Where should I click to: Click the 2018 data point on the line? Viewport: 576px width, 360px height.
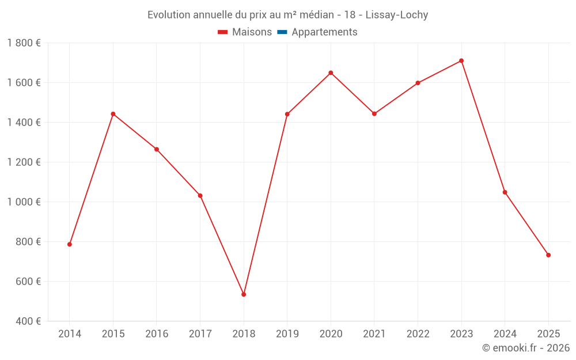[x=244, y=294]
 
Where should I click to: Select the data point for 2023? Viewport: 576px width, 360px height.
[x=461, y=60]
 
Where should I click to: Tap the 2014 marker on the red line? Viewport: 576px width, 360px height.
[x=70, y=244]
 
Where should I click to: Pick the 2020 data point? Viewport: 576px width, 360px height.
[x=331, y=73]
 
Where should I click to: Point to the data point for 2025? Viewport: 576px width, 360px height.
[x=548, y=255]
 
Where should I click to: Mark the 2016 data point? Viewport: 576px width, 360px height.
[x=157, y=149]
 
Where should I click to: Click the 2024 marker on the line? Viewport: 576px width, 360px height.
[x=505, y=192]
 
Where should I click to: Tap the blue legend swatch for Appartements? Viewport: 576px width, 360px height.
[x=282, y=32]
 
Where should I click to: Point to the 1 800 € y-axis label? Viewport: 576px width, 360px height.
[x=24, y=43]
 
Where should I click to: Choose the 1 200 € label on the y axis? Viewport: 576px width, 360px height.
[x=24, y=162]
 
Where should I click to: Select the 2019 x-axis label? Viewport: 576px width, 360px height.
[x=287, y=334]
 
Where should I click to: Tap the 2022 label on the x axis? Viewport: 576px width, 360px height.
[x=418, y=334]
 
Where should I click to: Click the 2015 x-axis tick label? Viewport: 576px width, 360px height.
[x=113, y=334]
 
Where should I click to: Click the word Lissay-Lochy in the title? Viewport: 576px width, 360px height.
[x=397, y=15]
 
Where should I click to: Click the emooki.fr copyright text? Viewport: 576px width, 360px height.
[x=526, y=348]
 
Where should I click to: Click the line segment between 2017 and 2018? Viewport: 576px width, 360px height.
[x=222, y=245]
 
